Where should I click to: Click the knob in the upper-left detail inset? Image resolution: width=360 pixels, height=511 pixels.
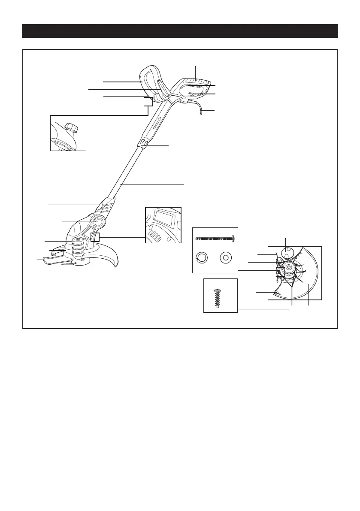[x=70, y=127]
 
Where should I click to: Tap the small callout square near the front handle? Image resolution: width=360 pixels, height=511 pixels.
[x=148, y=102]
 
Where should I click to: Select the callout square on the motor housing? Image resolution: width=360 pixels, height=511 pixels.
[x=95, y=238]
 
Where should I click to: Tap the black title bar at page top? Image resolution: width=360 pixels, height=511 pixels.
[x=180, y=31]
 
